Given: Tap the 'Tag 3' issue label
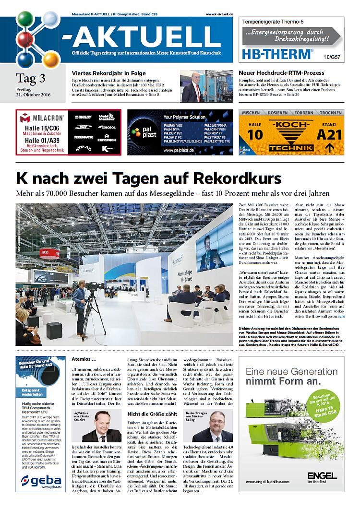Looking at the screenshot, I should [30, 78].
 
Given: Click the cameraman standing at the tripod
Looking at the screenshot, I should [81, 308].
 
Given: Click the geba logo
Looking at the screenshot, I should [40, 479].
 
